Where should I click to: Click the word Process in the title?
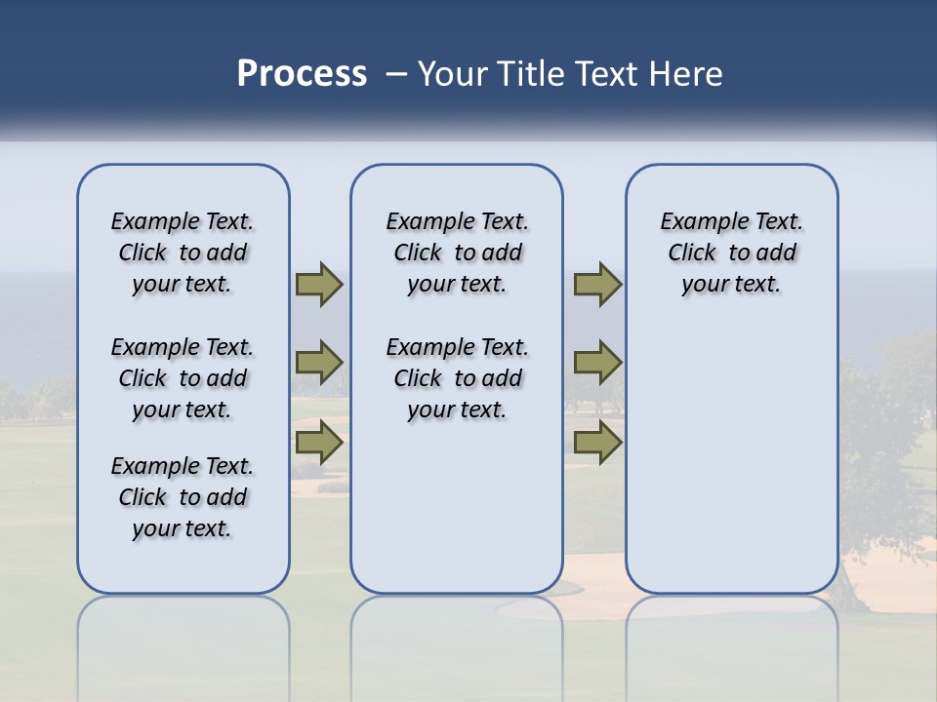(302, 74)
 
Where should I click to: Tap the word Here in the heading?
(687, 74)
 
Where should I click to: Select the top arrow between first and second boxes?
(319, 285)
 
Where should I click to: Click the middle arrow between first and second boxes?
(319, 363)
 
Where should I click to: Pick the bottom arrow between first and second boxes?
(319, 442)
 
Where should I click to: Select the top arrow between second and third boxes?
(597, 285)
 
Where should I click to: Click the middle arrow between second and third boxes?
(597, 363)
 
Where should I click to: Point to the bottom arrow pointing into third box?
(597, 442)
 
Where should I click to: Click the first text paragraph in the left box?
(183, 253)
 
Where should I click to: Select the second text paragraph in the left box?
(183, 378)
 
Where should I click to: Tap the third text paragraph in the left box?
(183, 497)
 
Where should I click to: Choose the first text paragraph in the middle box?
(457, 253)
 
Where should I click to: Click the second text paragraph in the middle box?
(457, 378)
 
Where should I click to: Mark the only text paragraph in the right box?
(731, 253)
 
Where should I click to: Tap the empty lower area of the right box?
(731, 468)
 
